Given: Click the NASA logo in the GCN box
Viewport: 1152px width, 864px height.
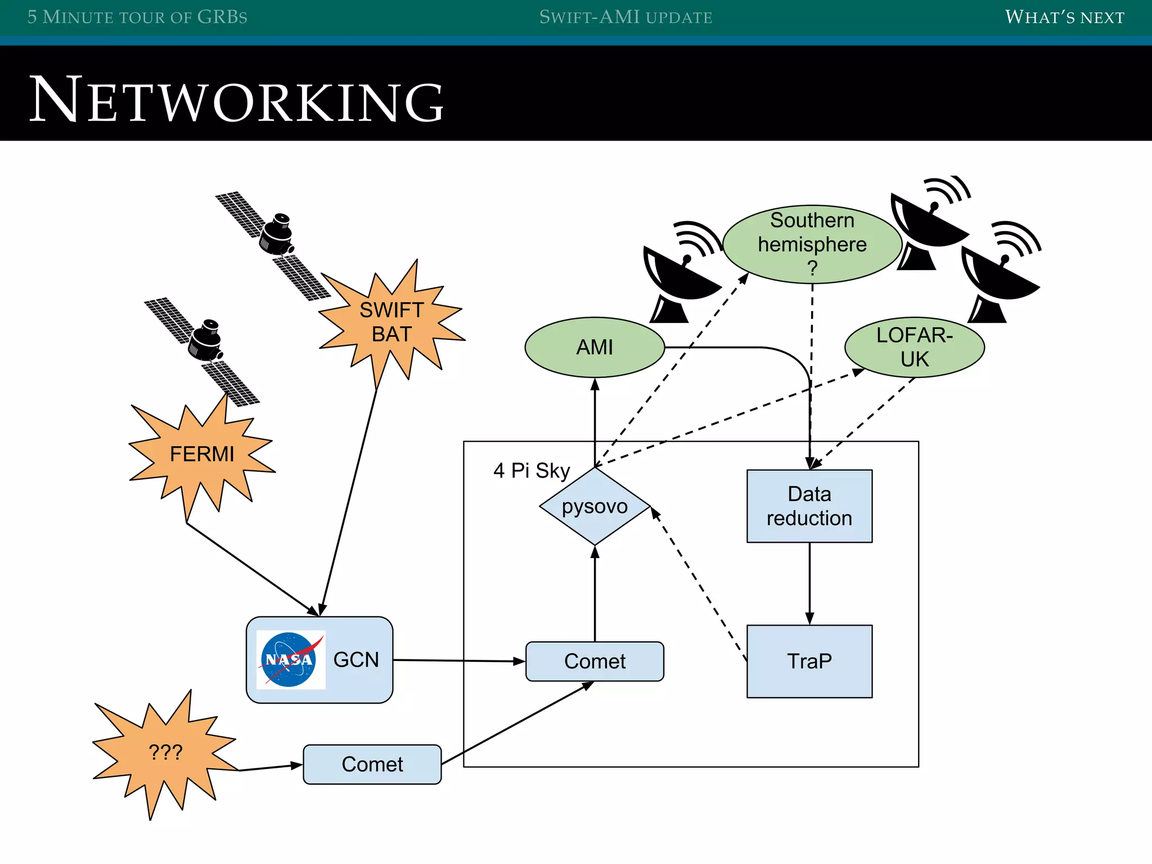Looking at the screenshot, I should [290, 659].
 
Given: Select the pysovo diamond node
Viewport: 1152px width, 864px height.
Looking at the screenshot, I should [595, 506].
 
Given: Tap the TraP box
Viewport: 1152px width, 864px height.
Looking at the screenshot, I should [809, 661].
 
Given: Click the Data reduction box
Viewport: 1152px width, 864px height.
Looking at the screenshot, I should [809, 506].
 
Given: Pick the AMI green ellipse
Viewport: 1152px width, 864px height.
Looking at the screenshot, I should [595, 347].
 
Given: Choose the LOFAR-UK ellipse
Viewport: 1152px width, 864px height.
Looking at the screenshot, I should [914, 347].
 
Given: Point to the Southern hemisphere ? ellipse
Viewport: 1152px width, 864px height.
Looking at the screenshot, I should [812, 244].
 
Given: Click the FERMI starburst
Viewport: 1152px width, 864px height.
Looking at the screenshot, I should [201, 454].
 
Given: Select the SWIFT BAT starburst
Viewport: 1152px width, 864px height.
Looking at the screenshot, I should [391, 322].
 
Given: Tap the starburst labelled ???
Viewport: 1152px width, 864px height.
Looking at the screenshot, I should [165, 752].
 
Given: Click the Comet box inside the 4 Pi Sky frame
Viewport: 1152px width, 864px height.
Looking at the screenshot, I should [595, 661].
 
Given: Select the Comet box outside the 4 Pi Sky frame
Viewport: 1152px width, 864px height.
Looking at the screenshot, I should [372, 764].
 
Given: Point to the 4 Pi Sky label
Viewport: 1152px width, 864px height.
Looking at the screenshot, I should [531, 470].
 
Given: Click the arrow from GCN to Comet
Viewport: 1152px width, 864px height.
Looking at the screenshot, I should [458, 661].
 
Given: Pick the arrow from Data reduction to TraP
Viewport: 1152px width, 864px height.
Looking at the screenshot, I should [809, 583].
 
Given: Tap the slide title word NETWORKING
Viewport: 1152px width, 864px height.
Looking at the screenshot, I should [236, 100].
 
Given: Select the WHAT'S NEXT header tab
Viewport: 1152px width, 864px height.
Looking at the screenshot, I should [1064, 17].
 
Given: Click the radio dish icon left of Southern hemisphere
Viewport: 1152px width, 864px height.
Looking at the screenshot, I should [681, 276].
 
